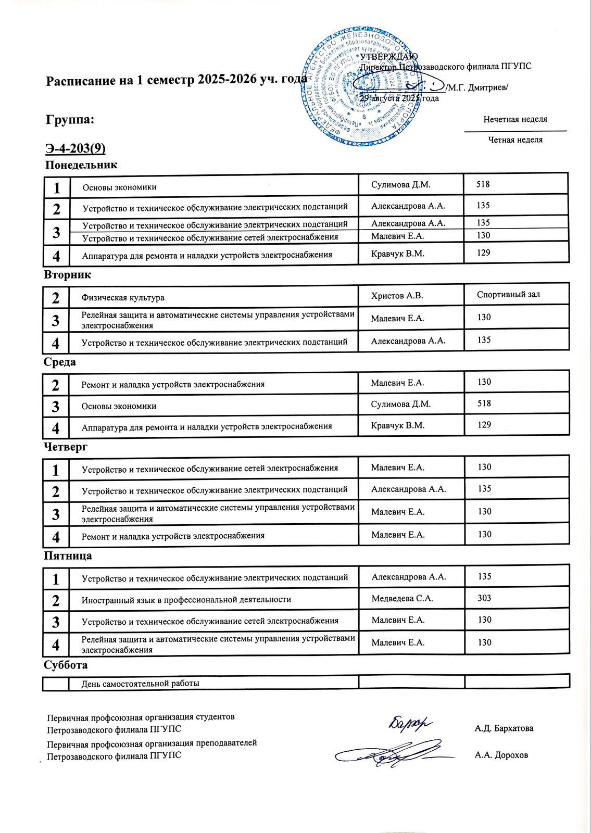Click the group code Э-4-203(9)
(76, 149)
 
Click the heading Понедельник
(81, 165)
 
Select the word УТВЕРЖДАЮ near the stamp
(389, 57)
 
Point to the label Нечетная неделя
(515, 120)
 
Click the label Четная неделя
(515, 140)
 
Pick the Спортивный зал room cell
(508, 295)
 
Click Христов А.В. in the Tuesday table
(397, 296)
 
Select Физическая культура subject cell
(123, 298)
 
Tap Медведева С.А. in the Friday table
(402, 599)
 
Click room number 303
(484, 598)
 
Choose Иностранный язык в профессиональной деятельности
(186, 600)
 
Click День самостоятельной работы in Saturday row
(140, 684)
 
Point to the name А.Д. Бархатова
(504, 728)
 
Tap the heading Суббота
(66, 665)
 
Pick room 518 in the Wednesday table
(484, 403)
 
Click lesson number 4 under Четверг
(56, 537)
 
